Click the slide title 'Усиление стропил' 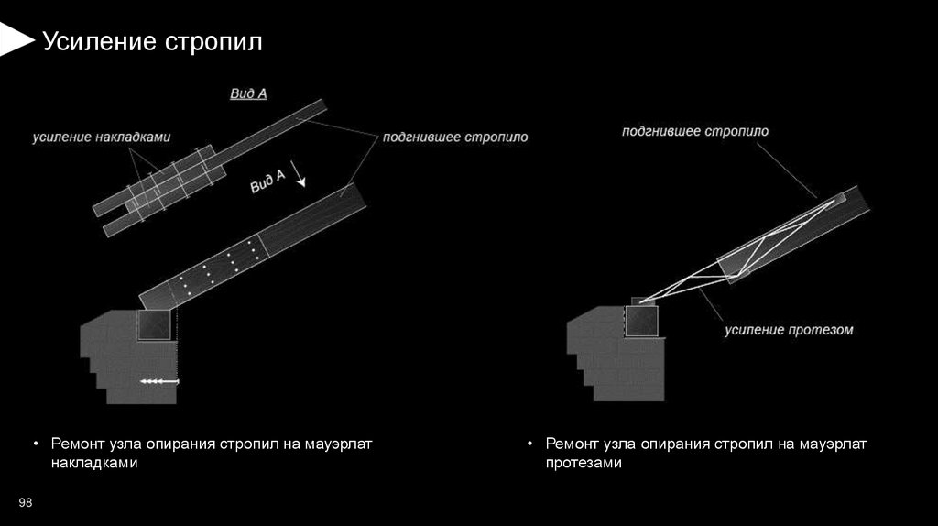pyautogui.click(x=153, y=42)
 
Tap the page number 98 pyautogui.click(x=26, y=501)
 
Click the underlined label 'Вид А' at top pyautogui.click(x=247, y=93)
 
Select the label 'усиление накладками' pyautogui.click(x=101, y=137)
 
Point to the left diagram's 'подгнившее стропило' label pyautogui.click(x=442, y=137)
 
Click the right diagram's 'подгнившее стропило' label pyautogui.click(x=694, y=131)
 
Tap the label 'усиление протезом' pyautogui.click(x=789, y=329)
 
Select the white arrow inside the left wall pyautogui.click(x=159, y=380)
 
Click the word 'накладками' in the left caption pyautogui.click(x=93, y=464)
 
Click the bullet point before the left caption pyautogui.click(x=37, y=444)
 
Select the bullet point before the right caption pyautogui.click(x=531, y=444)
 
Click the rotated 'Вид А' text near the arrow pyautogui.click(x=268, y=180)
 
